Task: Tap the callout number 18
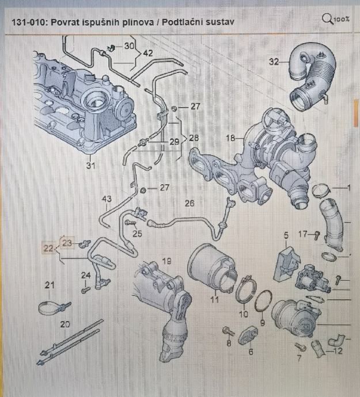coord(231,138)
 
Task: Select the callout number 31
coord(89,166)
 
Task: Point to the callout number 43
coord(107,200)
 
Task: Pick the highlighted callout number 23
coord(67,243)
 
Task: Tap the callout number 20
coord(65,325)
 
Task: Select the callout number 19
coord(167,261)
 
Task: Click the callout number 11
coord(214,299)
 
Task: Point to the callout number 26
coord(190,203)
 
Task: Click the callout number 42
coord(148,52)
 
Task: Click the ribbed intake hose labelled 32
coord(311,75)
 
